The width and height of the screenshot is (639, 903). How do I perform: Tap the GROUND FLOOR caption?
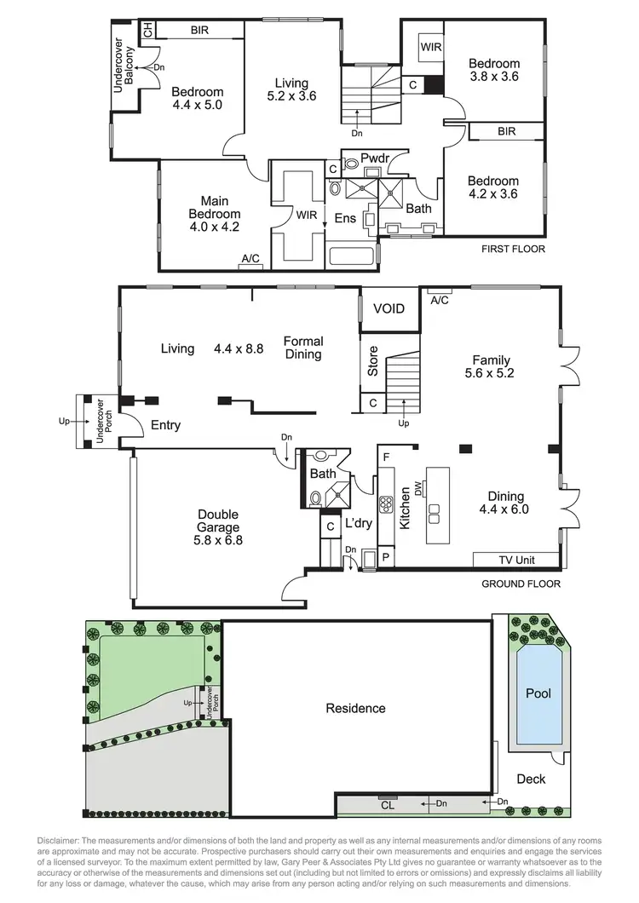521,584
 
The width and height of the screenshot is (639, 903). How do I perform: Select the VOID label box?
389,308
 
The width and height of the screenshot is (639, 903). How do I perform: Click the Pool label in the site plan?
538,693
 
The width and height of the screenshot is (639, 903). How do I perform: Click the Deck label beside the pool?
531,779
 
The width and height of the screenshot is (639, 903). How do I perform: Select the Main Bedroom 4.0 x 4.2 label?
215,215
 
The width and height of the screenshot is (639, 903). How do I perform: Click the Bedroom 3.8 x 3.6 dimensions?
494,76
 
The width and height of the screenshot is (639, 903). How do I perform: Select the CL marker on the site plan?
387,802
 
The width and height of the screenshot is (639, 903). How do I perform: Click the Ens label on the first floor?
345,218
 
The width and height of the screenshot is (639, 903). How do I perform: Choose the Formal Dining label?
302,348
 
